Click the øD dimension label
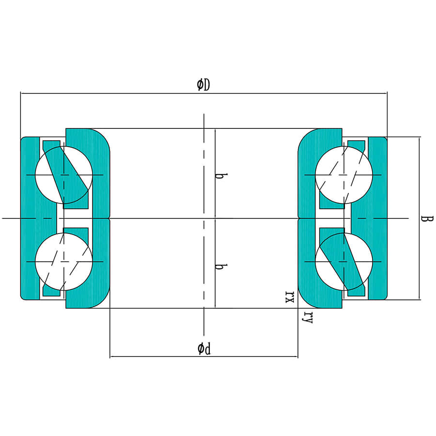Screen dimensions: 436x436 (x=203, y=85)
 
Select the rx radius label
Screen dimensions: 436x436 (x=290, y=296)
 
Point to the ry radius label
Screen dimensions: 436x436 (x=308, y=317)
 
